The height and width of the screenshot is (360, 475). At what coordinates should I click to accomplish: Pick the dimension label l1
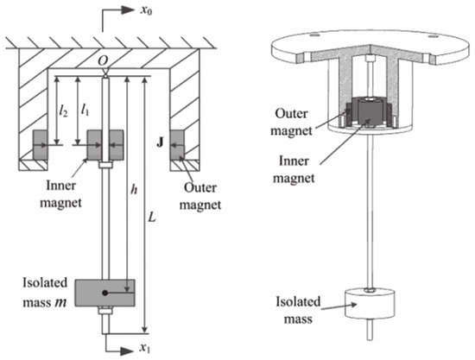85,109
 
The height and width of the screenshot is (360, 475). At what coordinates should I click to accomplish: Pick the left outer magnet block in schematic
41,140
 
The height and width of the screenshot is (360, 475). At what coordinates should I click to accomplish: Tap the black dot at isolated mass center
104,292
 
